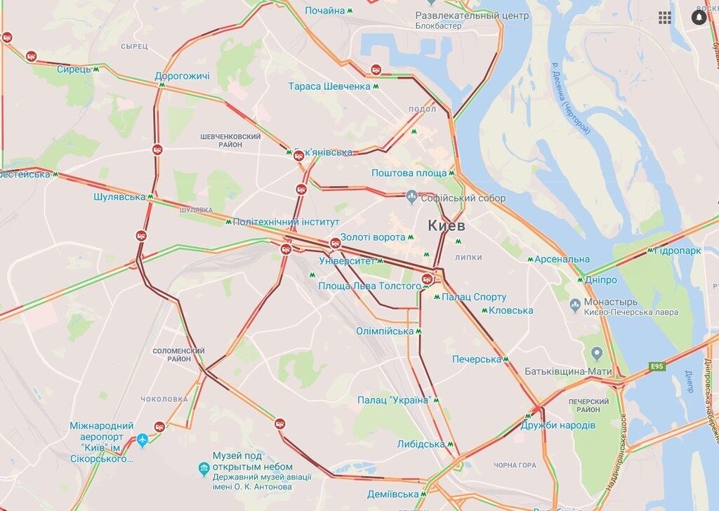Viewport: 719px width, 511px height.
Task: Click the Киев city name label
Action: pos(447,226)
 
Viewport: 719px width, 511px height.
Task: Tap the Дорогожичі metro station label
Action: pos(182,76)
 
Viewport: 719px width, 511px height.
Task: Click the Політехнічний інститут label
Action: pos(276,222)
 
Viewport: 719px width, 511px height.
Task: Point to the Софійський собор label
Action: pos(463,198)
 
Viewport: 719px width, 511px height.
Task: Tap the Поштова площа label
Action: pos(409,173)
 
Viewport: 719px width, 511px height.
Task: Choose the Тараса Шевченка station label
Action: pos(329,86)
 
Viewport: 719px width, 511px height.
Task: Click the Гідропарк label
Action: pos(678,250)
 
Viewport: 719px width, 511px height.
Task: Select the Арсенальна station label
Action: pos(562,259)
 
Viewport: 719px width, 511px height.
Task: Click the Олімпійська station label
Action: pos(384,331)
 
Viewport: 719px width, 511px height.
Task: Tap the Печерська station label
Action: pos(476,359)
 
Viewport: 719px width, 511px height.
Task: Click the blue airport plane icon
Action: pos(143,440)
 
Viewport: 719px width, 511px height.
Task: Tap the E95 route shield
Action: pos(657,366)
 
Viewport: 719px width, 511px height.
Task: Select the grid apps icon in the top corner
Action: pos(664,18)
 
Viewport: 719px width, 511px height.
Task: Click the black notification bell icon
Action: pos(699,18)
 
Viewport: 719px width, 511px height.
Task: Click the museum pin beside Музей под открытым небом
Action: pos(204,467)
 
